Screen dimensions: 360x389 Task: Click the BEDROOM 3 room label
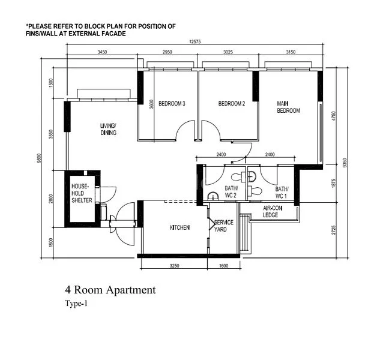(172, 104)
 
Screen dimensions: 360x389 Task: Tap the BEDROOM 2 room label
(231, 104)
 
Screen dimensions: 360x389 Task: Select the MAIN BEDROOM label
(288, 107)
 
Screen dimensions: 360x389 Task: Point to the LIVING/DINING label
(109, 129)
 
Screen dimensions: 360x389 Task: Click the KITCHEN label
(179, 227)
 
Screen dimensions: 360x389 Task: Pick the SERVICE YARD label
(224, 226)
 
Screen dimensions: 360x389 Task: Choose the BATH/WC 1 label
(282, 193)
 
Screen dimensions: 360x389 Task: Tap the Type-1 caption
(76, 304)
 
